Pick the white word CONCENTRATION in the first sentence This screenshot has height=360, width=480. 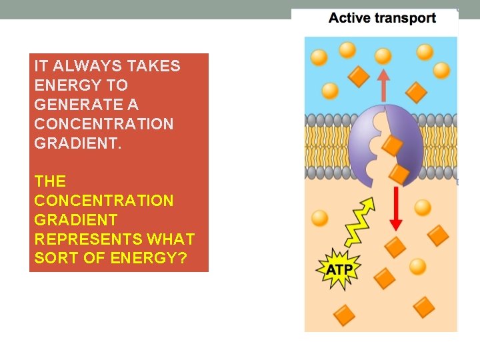pyautogui.click(x=103, y=124)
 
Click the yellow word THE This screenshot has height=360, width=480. pyautogui.click(x=50, y=181)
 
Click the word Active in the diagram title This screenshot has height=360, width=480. pyautogui.click(x=349, y=19)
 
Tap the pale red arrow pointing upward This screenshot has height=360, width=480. pyautogui.click(x=383, y=83)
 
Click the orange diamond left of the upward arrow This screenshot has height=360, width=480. pyautogui.click(x=359, y=77)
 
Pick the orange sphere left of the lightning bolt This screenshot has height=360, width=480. pyautogui.click(x=320, y=218)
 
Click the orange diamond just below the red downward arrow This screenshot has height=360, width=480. pyautogui.click(x=395, y=247)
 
